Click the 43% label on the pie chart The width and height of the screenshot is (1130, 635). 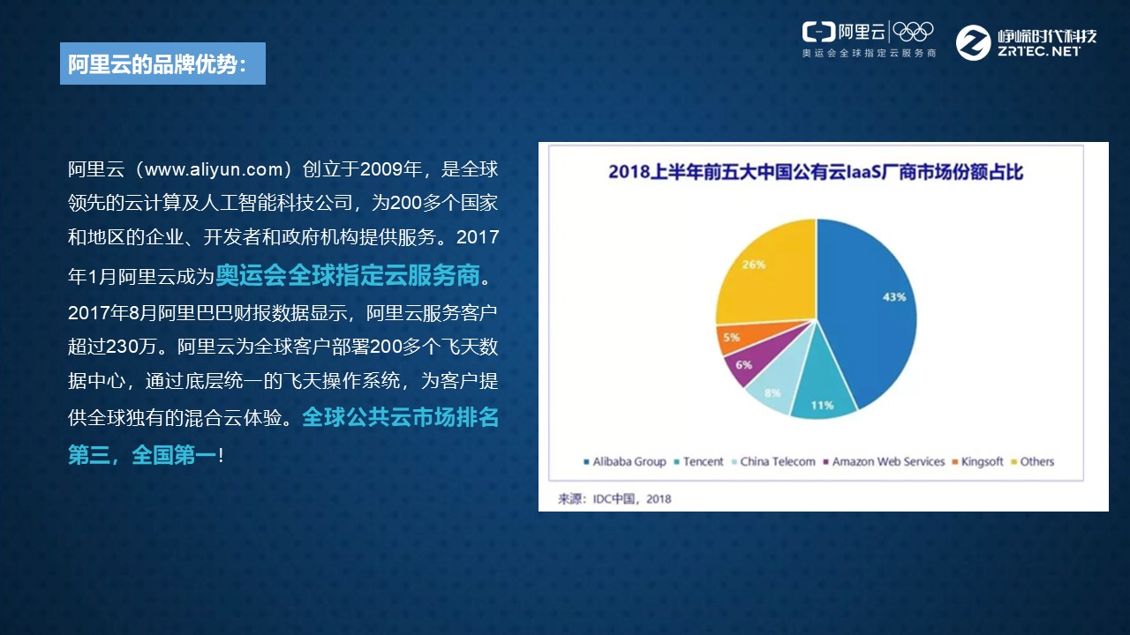pyautogui.click(x=894, y=297)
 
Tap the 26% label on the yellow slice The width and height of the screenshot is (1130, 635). pyautogui.click(x=754, y=264)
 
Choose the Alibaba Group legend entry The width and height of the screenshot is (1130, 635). pyautogui.click(x=624, y=461)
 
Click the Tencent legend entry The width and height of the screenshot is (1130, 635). pyautogui.click(x=698, y=461)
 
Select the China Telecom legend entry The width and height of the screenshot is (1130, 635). pyautogui.click(x=773, y=461)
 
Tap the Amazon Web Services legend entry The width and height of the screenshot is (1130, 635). pyautogui.click(x=884, y=461)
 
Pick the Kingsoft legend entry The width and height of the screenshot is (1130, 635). pyautogui.click(x=977, y=461)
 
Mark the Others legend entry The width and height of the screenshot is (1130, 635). pyautogui.click(x=1033, y=461)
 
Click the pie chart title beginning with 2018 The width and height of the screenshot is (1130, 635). pyautogui.click(x=816, y=172)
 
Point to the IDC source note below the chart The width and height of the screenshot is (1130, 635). pyautogui.click(x=614, y=499)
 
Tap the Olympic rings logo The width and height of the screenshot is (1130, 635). pyautogui.click(x=913, y=33)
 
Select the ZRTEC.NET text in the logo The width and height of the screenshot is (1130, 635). pyautogui.click(x=1039, y=51)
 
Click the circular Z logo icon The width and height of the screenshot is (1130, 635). pyautogui.click(x=973, y=43)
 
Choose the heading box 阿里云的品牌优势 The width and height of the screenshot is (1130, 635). pyautogui.click(x=163, y=63)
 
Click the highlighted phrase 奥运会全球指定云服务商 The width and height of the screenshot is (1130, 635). pyautogui.click(x=348, y=275)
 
